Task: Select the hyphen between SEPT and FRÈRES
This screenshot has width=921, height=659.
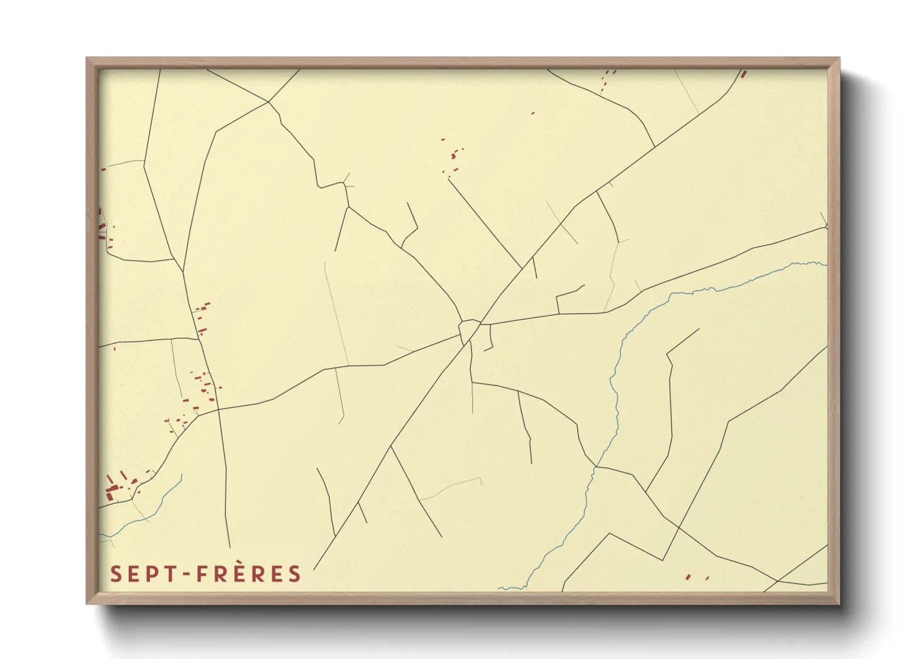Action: pyautogui.click(x=185, y=574)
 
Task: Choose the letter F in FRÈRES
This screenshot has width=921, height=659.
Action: pyautogui.click(x=203, y=574)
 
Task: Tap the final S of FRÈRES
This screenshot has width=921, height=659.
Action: pyautogui.click(x=295, y=574)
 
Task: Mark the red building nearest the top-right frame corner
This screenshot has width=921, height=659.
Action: pyautogui.click(x=743, y=73)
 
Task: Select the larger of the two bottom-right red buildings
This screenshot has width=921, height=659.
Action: pyautogui.click(x=688, y=577)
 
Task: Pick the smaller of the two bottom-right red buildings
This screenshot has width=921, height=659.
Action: pyautogui.click(x=708, y=578)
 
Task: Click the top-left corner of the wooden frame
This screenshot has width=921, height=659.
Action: pyautogui.click(x=87, y=59)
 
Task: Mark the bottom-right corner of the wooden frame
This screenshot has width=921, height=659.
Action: pyautogui.click(x=839, y=603)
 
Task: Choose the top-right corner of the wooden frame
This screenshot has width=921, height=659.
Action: pyautogui.click(x=839, y=59)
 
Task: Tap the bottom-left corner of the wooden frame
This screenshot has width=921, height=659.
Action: pyautogui.click(x=87, y=603)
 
